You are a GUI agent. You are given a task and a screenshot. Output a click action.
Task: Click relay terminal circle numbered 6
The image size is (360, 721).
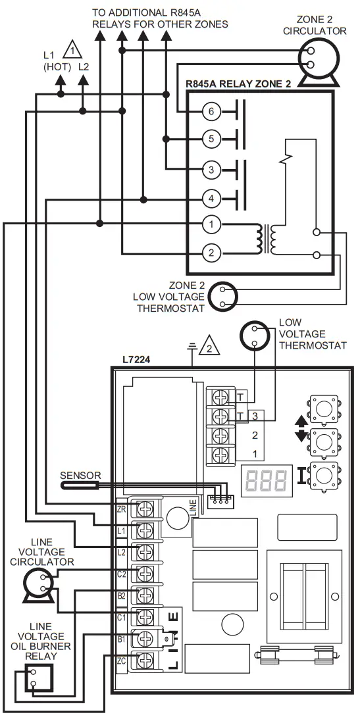point(211,112)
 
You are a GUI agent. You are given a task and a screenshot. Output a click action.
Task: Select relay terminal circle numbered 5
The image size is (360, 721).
point(211,139)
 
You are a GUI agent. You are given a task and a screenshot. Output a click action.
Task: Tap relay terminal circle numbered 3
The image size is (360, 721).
point(211,170)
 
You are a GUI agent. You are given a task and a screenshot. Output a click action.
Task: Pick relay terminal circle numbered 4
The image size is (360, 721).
point(211,198)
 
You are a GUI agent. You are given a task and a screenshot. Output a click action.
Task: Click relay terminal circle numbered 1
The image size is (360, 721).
point(211,224)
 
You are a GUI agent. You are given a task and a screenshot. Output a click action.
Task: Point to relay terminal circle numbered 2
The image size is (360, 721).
point(211,253)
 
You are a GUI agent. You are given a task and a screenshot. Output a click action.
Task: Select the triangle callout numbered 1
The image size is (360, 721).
point(70,49)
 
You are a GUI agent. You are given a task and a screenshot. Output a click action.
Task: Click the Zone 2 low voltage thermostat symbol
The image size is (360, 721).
point(222,297)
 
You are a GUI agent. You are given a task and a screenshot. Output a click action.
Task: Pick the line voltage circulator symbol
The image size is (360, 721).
point(36,583)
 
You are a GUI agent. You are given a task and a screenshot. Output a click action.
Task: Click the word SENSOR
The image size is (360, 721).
point(80,475)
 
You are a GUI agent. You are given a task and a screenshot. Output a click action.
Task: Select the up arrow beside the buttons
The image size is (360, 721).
point(301,420)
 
